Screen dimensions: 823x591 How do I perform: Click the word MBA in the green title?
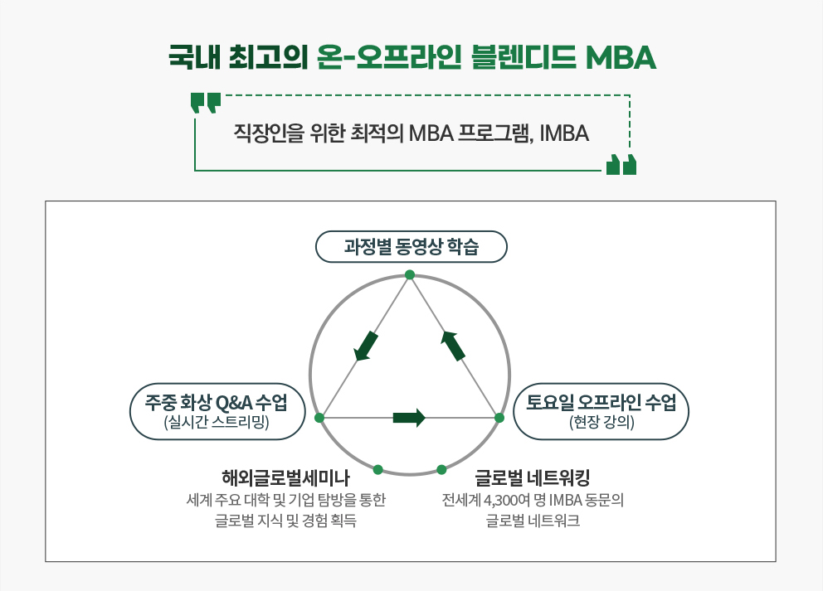(621, 57)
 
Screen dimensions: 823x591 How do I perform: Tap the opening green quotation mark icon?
(206, 104)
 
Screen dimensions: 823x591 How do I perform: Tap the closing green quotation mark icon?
(621, 164)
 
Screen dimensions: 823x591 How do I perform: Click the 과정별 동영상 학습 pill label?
(411, 246)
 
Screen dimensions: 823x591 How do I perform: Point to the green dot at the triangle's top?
(410, 275)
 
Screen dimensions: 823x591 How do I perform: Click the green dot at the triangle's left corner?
(319, 418)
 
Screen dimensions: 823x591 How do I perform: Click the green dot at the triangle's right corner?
(499, 418)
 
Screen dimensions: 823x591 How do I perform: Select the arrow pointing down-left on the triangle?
(366, 346)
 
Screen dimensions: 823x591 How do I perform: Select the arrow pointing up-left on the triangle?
(453, 346)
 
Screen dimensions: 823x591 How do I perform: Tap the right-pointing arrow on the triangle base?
(409, 418)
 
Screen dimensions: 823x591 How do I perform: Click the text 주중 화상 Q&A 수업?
(217, 403)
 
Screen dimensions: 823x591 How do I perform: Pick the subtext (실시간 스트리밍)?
(217, 422)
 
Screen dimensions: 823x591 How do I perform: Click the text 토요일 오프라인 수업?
(601, 402)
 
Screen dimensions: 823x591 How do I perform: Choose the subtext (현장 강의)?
(601, 422)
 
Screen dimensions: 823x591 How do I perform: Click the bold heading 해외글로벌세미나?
(285, 477)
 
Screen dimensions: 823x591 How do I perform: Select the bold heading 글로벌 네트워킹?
(533, 477)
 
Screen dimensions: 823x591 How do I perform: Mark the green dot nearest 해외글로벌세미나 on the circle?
(378, 469)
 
